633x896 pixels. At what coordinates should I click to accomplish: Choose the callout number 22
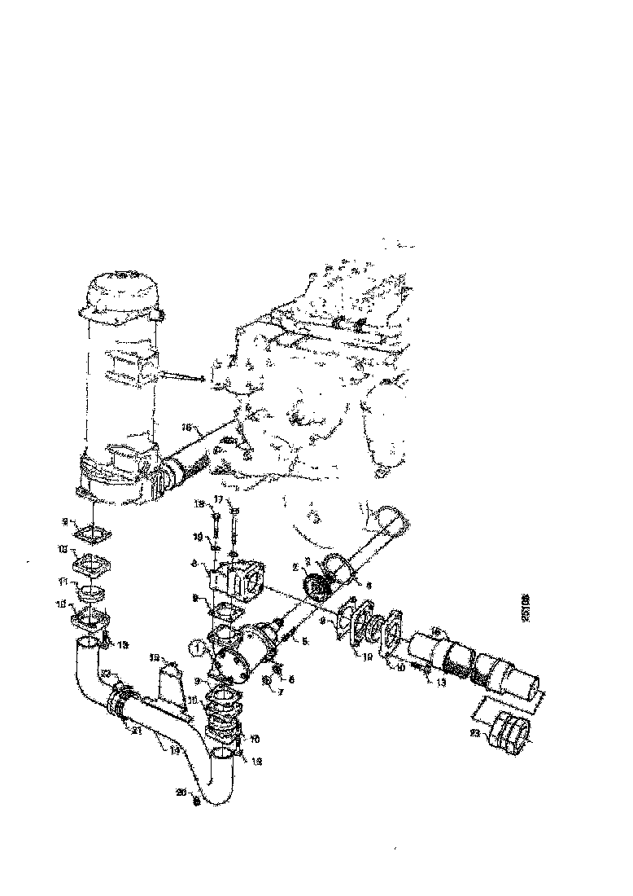pyautogui.click(x=106, y=672)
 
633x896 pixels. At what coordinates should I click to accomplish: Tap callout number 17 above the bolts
pyautogui.click(x=219, y=499)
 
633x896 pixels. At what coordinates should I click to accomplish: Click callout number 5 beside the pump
pyautogui.click(x=305, y=641)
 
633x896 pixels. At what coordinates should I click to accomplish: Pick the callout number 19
pyautogui.click(x=197, y=538)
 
